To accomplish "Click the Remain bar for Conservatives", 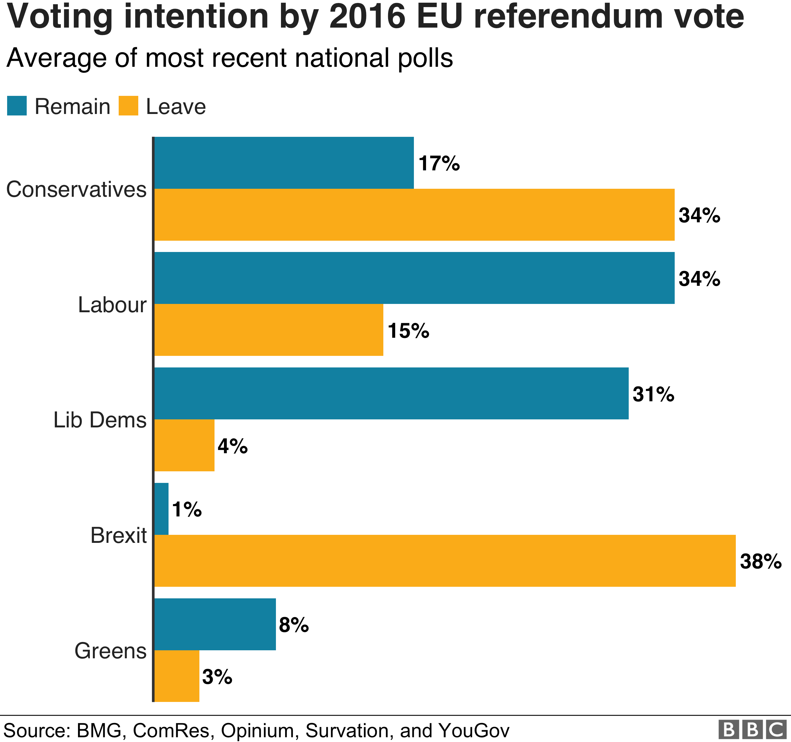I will (284, 163).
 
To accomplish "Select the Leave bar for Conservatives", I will (414, 215).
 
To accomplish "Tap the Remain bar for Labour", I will (414, 278).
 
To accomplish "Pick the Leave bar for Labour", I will (269, 330).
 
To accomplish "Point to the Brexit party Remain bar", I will (161, 509).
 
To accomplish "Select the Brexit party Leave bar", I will (445, 560).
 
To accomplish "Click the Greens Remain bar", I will (215, 624).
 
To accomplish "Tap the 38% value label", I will (760, 562).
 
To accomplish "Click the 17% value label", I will (439, 164).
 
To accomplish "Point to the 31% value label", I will (653, 394).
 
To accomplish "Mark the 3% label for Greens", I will (217, 677).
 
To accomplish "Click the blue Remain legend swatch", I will (17, 106).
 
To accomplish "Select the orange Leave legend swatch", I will (128, 106).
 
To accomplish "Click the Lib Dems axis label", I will (100, 420).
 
